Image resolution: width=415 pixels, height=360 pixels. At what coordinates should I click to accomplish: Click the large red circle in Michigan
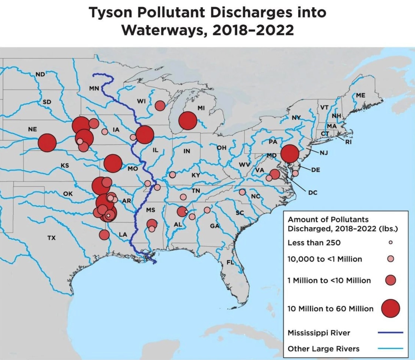[x=187, y=121]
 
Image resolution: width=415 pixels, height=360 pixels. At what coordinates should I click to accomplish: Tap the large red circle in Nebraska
[x=47, y=143]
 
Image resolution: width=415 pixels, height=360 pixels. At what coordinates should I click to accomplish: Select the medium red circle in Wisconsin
[x=160, y=105]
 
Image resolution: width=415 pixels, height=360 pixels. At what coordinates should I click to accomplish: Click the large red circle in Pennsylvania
[x=290, y=154]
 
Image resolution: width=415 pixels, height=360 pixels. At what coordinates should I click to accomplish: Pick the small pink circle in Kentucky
[x=172, y=175]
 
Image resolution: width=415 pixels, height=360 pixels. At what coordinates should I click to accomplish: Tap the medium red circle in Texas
[x=104, y=234]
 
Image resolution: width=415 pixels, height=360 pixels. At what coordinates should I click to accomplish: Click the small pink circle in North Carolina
[x=242, y=192]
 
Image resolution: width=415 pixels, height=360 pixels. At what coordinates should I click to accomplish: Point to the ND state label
[x=40, y=74]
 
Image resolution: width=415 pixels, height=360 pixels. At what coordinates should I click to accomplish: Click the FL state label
[x=230, y=262]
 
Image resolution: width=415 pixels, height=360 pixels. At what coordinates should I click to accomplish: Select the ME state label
[x=360, y=95]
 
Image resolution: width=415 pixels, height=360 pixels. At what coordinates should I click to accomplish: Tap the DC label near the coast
[x=312, y=192]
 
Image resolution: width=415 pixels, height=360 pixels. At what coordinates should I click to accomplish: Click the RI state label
[x=348, y=142]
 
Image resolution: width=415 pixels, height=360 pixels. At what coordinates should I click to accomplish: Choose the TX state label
[x=51, y=238]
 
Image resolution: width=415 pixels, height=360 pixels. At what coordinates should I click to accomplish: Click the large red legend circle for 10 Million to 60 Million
[x=390, y=308]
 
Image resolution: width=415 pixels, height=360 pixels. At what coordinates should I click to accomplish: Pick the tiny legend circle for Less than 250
[x=391, y=242]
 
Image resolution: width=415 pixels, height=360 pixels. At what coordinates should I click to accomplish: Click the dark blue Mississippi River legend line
[x=390, y=332]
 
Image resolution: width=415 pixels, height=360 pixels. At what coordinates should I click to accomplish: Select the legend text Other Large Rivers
[x=323, y=349]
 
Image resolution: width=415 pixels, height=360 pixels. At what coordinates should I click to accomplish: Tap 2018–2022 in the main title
[x=252, y=30]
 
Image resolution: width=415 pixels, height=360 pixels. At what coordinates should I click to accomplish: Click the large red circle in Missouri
[x=113, y=163]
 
